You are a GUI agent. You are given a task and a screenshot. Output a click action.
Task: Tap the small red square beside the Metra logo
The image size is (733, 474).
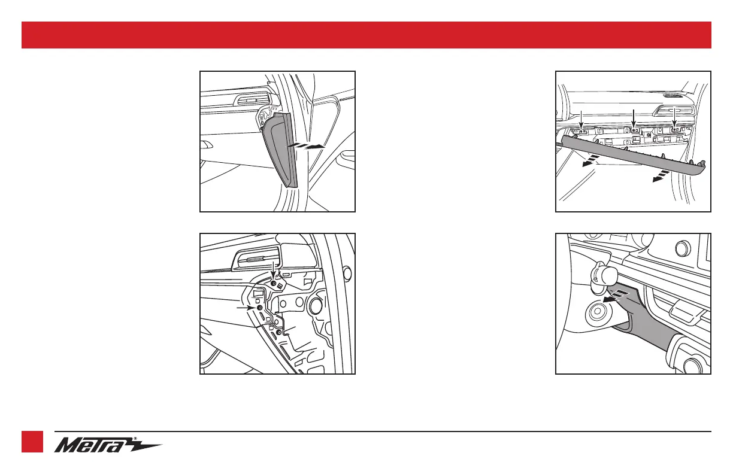pyautogui.click(x=33, y=442)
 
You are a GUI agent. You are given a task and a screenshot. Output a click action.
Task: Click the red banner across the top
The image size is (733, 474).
pyautogui.click(x=366, y=35)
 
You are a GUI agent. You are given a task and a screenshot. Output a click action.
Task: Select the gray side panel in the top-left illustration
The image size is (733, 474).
pyautogui.click(x=278, y=150)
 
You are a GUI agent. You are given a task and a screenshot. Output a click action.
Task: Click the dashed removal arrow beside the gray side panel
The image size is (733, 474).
pyautogui.click(x=306, y=145)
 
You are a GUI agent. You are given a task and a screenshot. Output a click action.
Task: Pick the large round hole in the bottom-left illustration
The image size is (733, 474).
pyautogui.click(x=314, y=306)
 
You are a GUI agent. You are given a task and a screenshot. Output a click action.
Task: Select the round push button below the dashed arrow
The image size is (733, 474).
pyautogui.click(x=596, y=312)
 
